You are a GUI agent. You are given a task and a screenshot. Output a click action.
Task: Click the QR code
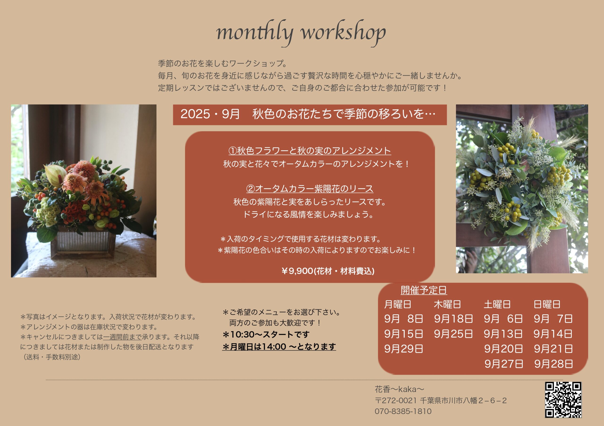click(563, 400)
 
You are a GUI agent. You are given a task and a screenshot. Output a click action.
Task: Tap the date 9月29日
click(403, 349)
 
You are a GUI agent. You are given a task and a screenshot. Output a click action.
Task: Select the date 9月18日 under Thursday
click(453, 319)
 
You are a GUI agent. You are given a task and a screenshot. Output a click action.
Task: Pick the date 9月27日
click(504, 364)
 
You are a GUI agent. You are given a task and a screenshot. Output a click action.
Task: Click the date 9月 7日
click(553, 319)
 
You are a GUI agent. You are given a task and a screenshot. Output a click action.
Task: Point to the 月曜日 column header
click(398, 304)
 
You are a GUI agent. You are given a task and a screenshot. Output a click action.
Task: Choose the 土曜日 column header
click(497, 304)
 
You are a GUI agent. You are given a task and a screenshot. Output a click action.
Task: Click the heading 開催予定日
click(424, 290)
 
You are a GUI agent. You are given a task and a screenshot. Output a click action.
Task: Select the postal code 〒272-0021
click(396, 401)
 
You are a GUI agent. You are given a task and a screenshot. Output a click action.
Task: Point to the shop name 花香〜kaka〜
click(399, 389)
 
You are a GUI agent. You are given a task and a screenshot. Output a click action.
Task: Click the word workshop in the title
click(343, 33)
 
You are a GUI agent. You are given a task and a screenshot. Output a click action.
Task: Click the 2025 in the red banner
click(195, 114)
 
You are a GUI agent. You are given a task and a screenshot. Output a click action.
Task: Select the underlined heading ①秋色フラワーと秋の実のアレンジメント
click(309, 151)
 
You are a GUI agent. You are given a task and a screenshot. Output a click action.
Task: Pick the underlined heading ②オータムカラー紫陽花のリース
click(309, 189)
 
